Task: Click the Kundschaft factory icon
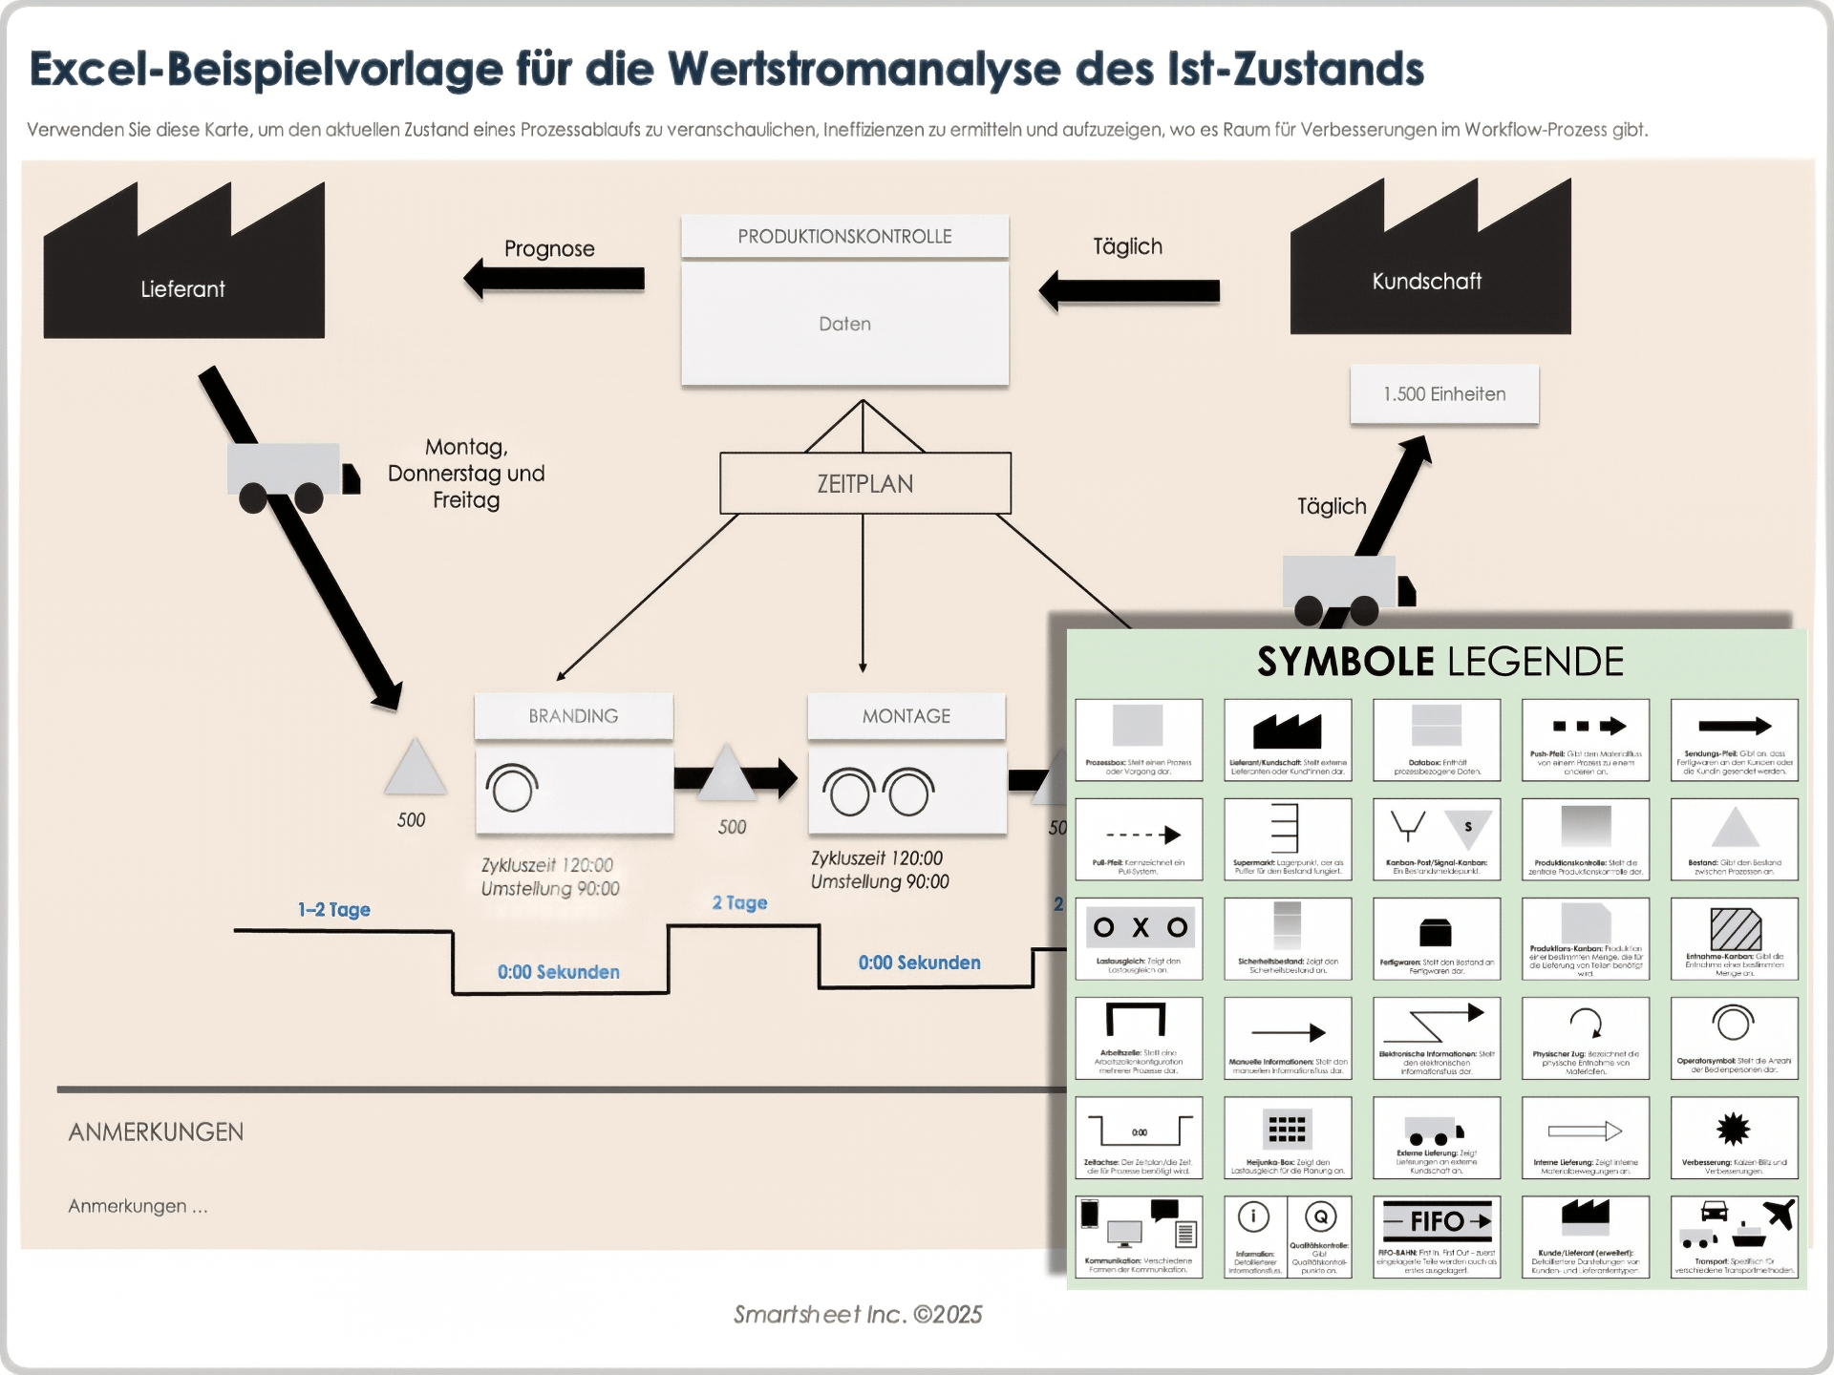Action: pos(1430,267)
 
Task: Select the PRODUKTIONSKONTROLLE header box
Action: pos(844,237)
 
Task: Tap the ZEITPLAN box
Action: pos(864,483)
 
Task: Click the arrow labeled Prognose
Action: pos(554,279)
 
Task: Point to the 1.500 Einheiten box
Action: pos(1443,393)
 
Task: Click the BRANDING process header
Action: pos(573,716)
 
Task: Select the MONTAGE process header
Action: pos(906,716)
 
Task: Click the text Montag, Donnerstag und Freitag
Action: pos(466,474)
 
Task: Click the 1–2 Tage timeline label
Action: pos(333,909)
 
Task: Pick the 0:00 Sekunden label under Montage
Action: pos(919,962)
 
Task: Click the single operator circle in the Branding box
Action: pos(512,789)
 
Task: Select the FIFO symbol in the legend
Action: pos(1436,1220)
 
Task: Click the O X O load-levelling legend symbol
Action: pos(1139,927)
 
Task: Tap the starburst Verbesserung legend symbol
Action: pos(1733,1130)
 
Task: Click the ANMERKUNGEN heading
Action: pos(156,1132)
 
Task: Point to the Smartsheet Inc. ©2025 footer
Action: pos(857,1314)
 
